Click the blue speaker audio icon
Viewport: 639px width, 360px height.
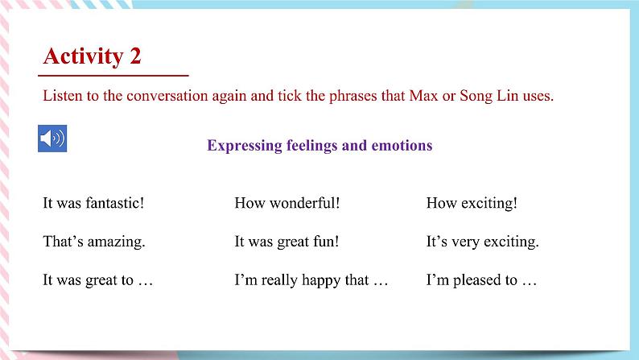click(x=52, y=139)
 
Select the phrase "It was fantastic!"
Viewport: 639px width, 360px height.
click(x=93, y=203)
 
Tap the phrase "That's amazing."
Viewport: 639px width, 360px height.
click(x=93, y=242)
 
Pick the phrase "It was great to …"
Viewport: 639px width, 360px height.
click(x=97, y=280)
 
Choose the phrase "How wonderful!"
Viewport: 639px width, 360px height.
click(x=287, y=203)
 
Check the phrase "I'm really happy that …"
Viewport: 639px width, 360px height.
click(x=311, y=280)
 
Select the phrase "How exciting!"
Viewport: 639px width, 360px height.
click(x=472, y=203)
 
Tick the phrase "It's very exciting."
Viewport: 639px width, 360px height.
click(x=482, y=242)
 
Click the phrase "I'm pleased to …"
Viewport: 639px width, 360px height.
click(x=480, y=280)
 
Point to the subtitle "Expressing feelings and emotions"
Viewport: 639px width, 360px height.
click(x=319, y=146)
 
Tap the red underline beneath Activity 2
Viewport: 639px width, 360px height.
click(x=115, y=75)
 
